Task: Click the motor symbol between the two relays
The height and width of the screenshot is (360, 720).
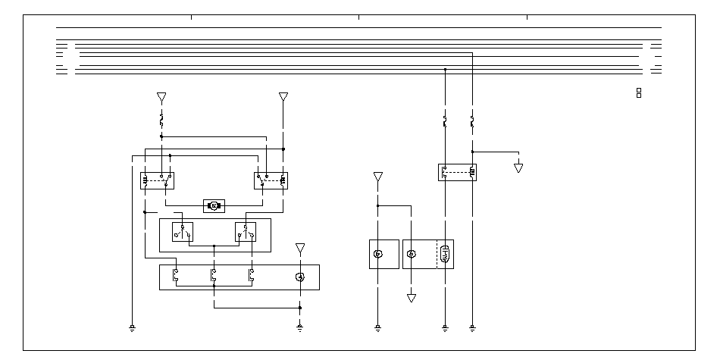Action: click(x=214, y=205)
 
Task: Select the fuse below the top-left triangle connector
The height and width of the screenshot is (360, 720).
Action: click(x=161, y=120)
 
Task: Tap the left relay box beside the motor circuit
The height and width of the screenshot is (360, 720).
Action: click(x=158, y=180)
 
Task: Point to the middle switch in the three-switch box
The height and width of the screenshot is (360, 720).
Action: click(x=214, y=276)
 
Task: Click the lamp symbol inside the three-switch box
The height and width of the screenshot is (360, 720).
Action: click(x=300, y=277)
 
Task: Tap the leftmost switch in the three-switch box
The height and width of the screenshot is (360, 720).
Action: click(x=175, y=276)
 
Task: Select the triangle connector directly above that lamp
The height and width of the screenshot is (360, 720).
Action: click(x=300, y=248)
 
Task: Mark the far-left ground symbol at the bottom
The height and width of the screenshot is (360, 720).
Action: click(x=133, y=328)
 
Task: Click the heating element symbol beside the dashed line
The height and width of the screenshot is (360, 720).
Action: click(x=445, y=254)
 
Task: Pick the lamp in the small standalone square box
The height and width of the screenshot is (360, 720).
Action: click(x=378, y=254)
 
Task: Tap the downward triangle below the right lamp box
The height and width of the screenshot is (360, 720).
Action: click(x=412, y=298)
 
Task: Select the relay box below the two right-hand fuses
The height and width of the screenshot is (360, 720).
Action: click(x=457, y=172)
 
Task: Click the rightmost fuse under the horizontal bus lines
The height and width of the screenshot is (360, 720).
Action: click(x=472, y=121)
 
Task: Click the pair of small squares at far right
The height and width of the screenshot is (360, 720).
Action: click(x=639, y=92)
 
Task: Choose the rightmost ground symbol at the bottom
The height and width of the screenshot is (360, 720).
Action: click(x=472, y=328)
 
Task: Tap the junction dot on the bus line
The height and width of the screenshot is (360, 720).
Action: click(x=445, y=69)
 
